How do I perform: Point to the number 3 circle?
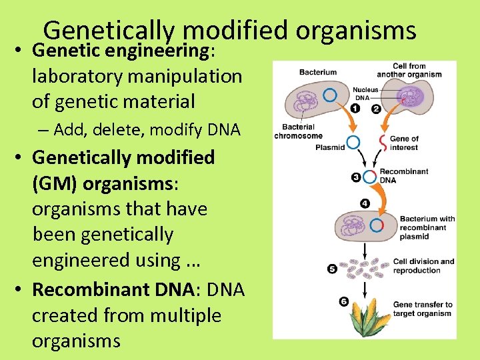click(355, 177)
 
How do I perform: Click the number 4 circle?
click(365, 203)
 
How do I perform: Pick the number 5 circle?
click(332, 269)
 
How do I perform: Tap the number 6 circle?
click(343, 301)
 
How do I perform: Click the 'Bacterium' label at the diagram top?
click(318, 72)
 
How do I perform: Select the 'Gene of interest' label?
click(404, 143)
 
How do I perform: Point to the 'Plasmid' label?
click(329, 147)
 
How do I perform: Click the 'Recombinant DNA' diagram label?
click(404, 176)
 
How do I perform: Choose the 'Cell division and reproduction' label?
click(423, 266)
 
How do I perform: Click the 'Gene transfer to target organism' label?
click(423, 309)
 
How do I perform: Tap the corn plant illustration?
click(364, 320)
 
